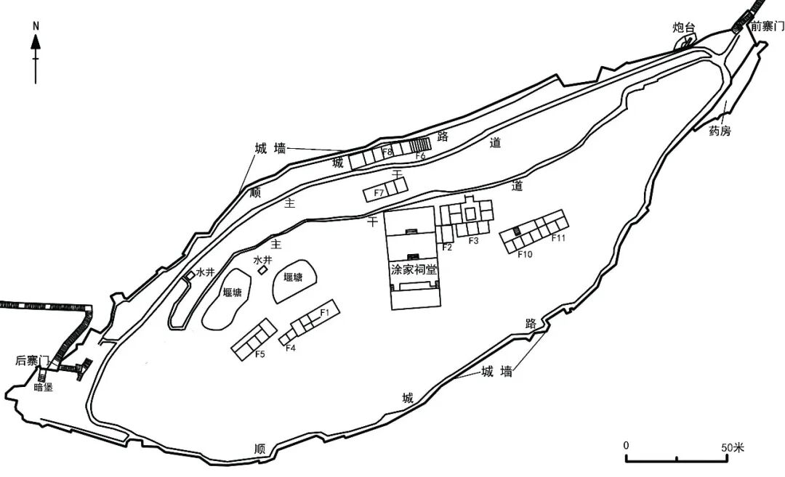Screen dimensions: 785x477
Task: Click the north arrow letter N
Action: (36, 26)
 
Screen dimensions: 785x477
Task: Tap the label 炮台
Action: (683, 28)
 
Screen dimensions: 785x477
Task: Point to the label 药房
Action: (720, 131)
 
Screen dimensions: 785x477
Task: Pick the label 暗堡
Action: (44, 387)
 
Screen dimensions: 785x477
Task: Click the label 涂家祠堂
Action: (414, 269)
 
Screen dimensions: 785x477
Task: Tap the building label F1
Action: (324, 312)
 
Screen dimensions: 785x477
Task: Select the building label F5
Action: (259, 354)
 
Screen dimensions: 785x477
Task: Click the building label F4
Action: (290, 348)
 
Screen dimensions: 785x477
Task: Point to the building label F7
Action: (379, 192)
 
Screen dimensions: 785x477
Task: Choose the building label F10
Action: (525, 254)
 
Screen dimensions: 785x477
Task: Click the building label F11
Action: (558, 238)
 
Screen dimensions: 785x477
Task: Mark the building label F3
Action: (474, 240)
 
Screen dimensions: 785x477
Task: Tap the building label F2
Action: (447, 247)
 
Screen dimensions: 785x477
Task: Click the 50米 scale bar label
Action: (733, 447)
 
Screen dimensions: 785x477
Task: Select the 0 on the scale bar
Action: (626, 446)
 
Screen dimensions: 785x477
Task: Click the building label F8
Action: (387, 152)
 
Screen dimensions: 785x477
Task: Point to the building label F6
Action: (421, 155)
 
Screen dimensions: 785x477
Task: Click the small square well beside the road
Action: (190, 275)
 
